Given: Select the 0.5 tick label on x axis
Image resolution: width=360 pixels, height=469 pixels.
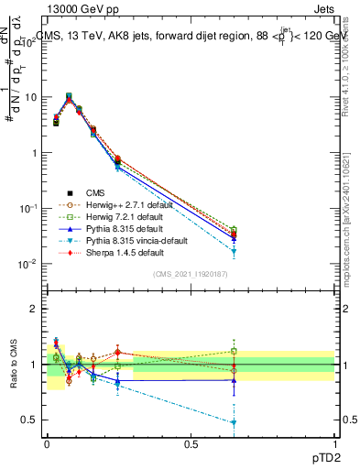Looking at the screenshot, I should click(x=190, y=444).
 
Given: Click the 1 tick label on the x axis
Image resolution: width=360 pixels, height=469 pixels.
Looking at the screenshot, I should click(x=334, y=444).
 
